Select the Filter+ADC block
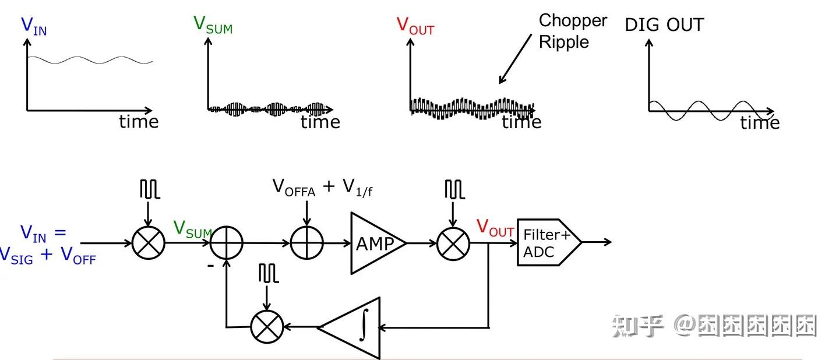pyautogui.click(x=547, y=243)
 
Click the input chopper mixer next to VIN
pyautogui.click(x=148, y=243)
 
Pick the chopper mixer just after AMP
pyautogui.click(x=453, y=243)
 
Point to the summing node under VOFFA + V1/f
pyautogui.click(x=306, y=243)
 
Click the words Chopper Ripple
pyautogui.click(x=572, y=31)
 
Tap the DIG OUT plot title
pyautogui.click(x=664, y=25)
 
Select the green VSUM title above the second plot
pyautogui.click(x=213, y=25)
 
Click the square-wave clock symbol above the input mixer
pyautogui.click(x=149, y=189)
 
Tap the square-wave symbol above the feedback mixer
pyautogui.click(x=269, y=273)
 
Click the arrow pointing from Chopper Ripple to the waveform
pyautogui.click(x=515, y=59)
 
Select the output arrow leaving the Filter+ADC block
pyautogui.click(x=597, y=242)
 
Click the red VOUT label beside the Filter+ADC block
pyautogui.click(x=495, y=228)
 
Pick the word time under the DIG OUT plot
pyautogui.click(x=760, y=123)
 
